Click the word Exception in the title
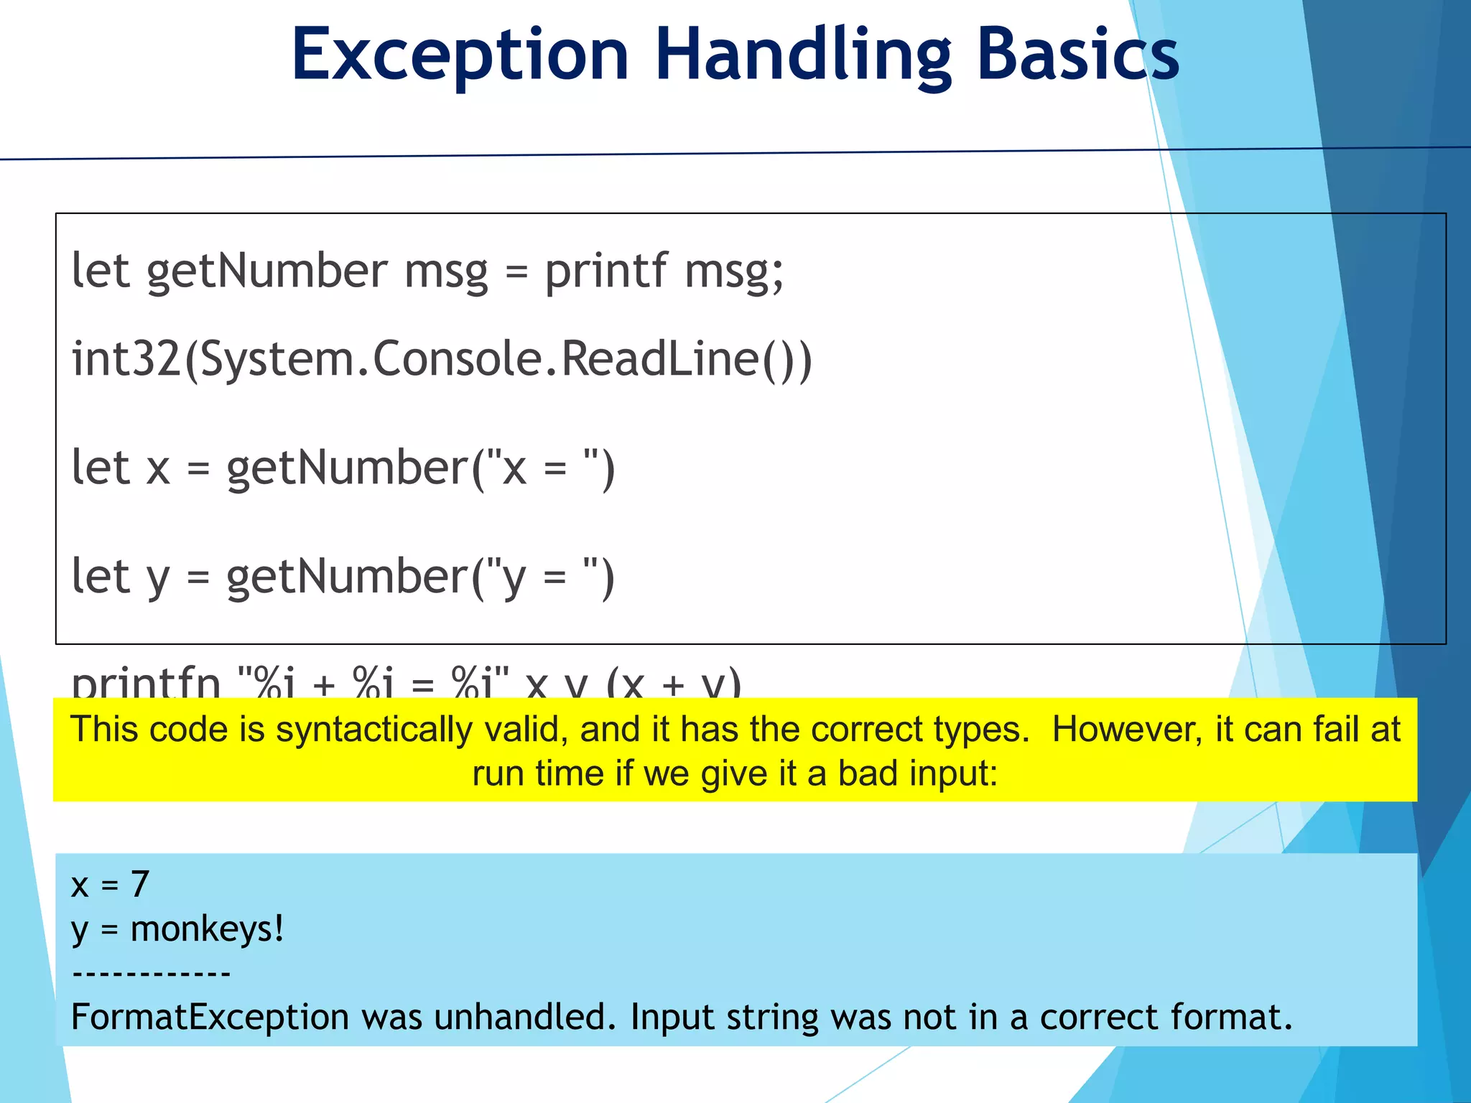click(460, 56)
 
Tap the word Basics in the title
click(1077, 56)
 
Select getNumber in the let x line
click(347, 468)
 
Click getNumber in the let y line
click(347, 577)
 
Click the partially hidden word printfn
click(146, 682)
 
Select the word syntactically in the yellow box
click(374, 730)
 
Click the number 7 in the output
click(140, 884)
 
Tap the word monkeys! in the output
click(207, 929)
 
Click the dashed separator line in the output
click(151, 974)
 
